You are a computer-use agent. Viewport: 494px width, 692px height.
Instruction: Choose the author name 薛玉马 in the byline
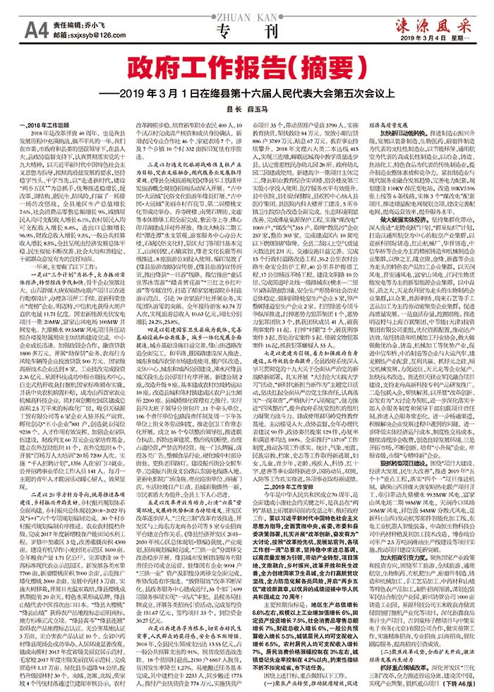click(x=255, y=111)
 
